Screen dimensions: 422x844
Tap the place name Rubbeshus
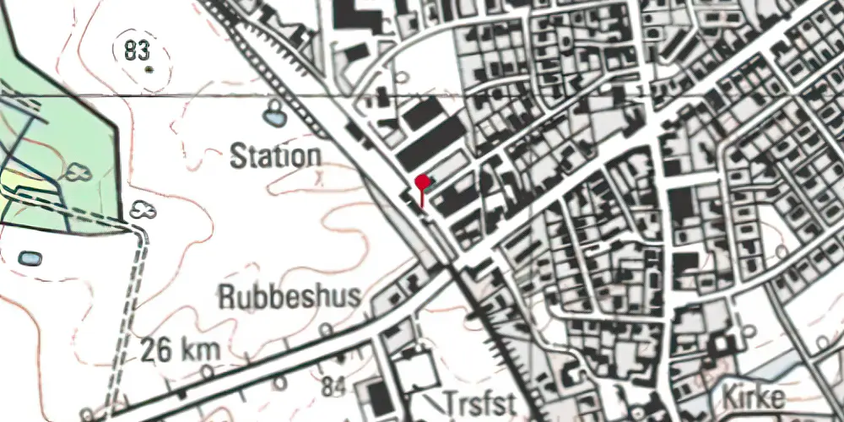[289, 296]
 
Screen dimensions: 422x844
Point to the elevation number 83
[135, 51]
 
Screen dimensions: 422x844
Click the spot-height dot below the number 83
[149, 68]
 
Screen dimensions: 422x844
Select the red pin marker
[423, 181]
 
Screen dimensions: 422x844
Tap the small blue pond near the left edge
[30, 257]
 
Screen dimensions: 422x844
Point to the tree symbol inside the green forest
[78, 172]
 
